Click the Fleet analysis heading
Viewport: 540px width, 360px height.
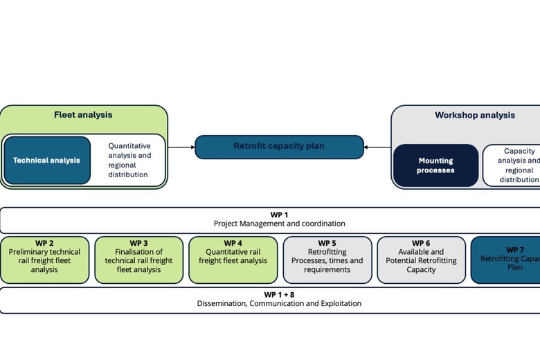tap(83, 115)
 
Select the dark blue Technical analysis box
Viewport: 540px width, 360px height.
tap(46, 161)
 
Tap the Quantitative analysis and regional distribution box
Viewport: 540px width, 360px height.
tap(129, 161)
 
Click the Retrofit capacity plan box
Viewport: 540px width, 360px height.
tap(279, 147)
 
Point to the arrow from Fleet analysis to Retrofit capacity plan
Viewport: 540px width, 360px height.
tap(181, 147)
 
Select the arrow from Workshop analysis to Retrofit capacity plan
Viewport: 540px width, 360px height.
tap(377, 147)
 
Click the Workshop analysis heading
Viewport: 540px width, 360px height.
tap(474, 116)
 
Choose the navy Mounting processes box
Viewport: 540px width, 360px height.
tap(435, 165)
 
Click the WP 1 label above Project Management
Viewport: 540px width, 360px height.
tap(279, 215)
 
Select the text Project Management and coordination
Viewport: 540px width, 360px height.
tap(279, 224)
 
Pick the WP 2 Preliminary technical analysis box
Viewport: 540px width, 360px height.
tap(44, 260)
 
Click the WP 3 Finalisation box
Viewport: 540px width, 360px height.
tap(138, 260)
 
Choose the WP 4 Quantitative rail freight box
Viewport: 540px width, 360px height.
tap(233, 260)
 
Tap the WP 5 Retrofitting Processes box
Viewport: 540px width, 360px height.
tap(327, 260)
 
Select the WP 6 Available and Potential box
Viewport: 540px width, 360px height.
tap(421, 260)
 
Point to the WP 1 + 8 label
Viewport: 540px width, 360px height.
tap(279, 294)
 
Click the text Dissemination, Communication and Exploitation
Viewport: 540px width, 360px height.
tap(279, 303)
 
